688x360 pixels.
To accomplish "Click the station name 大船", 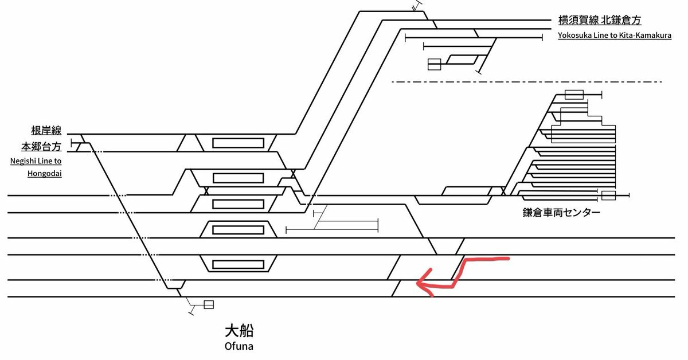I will pyautogui.click(x=239, y=331).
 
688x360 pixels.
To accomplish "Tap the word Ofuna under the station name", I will pyautogui.click(x=239, y=346).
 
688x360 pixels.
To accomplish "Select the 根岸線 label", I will pyautogui.click(x=46, y=131).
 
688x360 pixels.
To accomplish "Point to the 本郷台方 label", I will pyautogui.click(x=41, y=146).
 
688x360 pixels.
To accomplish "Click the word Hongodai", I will pyautogui.click(x=44, y=172).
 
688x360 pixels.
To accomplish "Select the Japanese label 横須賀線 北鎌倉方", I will pyautogui.click(x=599, y=21).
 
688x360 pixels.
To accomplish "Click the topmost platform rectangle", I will pyautogui.click(x=238, y=143).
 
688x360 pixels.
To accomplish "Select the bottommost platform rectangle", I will pyautogui.click(x=238, y=264).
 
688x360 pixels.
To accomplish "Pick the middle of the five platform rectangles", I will pyautogui.click(x=238, y=204).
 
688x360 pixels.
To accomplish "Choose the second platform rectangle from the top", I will pyautogui.click(x=238, y=177).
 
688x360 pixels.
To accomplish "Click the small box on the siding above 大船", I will pyautogui.click(x=209, y=304).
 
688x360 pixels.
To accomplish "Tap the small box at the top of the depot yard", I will pyautogui.click(x=574, y=95).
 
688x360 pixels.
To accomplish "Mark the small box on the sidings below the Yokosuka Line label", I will pyautogui.click(x=434, y=64).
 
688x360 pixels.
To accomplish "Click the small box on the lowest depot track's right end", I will pyautogui.click(x=608, y=196).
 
